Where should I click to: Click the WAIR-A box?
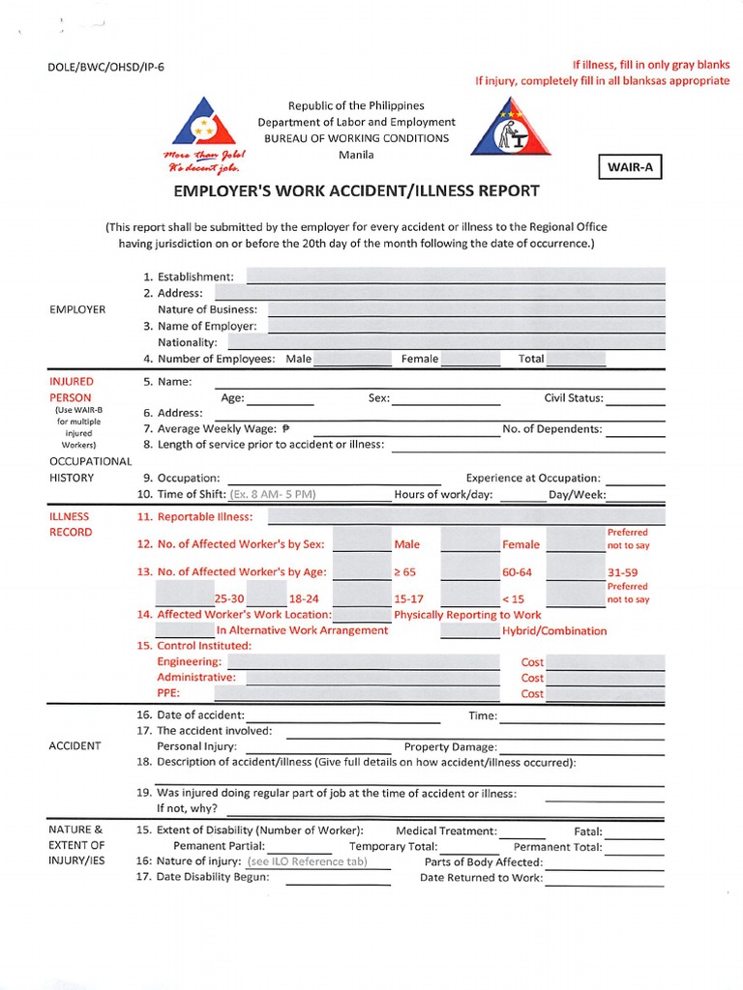point(630,167)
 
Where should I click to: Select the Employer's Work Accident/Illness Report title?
point(356,191)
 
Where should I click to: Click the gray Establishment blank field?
point(457,277)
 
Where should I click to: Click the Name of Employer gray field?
point(466,326)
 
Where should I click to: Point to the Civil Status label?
point(574,397)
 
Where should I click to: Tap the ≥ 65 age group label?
point(404,572)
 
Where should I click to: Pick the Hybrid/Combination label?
point(554,630)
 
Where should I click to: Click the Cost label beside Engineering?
point(532,662)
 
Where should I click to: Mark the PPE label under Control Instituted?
point(168,693)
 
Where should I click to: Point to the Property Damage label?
point(450,746)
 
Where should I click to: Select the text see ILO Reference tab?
point(307,861)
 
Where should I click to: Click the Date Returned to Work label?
point(481,878)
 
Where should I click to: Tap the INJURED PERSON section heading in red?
point(72,390)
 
